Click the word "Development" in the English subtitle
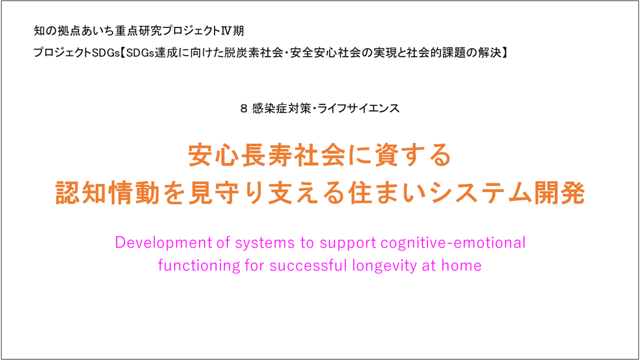163,243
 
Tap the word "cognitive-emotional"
453,243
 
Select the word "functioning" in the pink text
199,265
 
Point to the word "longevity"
384,265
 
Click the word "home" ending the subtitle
461,265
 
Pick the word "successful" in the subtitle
308,265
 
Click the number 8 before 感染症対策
243,108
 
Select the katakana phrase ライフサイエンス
358,108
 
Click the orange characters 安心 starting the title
213,155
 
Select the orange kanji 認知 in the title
81,193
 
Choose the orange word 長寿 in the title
267,155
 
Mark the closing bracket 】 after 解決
504,53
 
